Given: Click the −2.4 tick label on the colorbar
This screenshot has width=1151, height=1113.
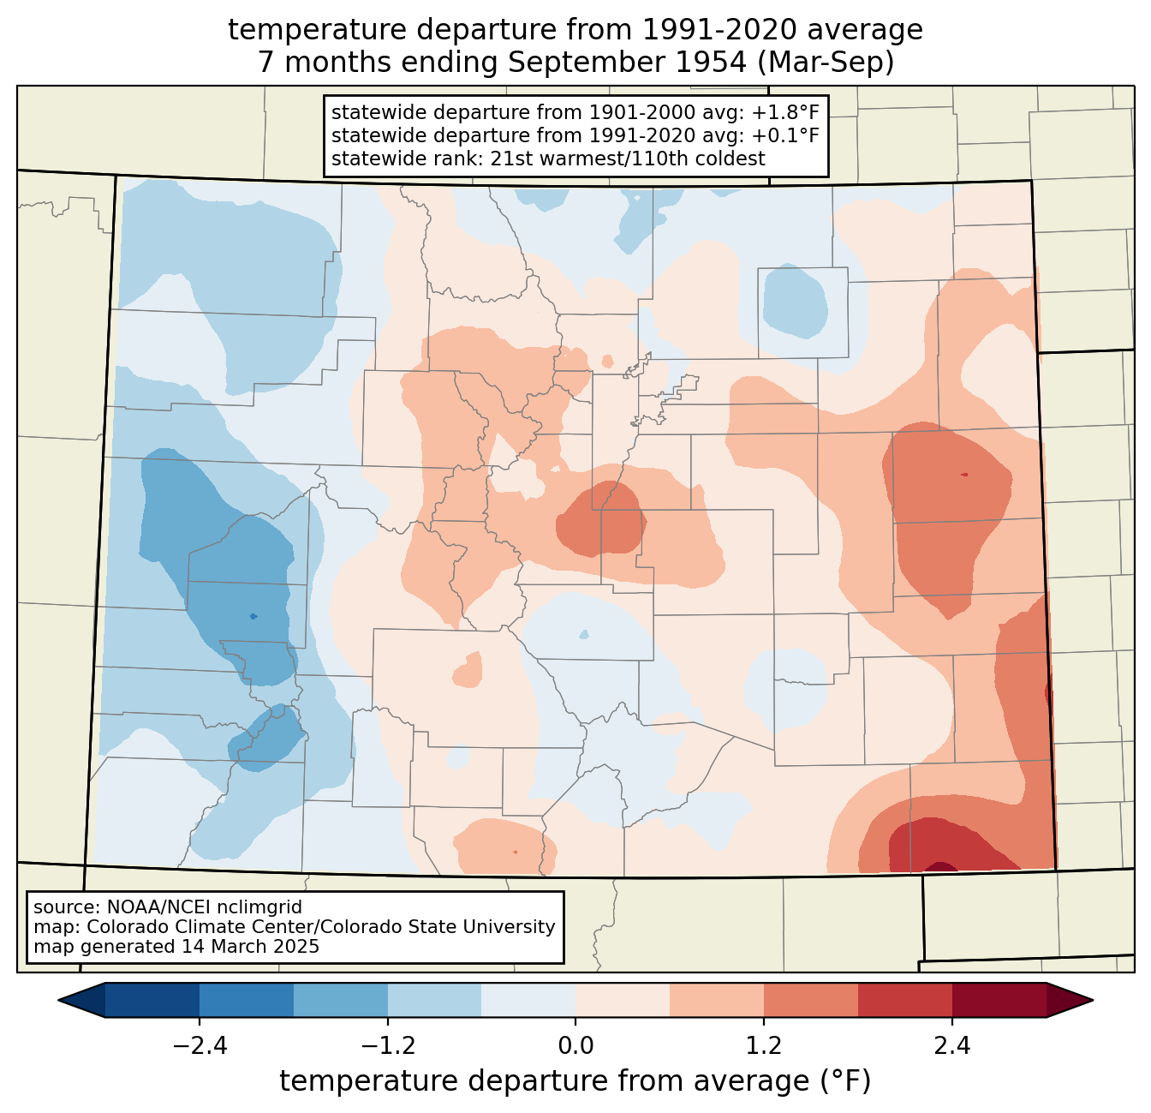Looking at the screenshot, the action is click(x=200, y=1045).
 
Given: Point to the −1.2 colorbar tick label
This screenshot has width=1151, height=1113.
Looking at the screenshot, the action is click(x=388, y=1045).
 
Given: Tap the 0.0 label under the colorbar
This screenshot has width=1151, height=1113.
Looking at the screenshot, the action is click(x=575, y=1045).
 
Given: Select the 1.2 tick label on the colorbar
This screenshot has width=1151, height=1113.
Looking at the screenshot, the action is click(x=764, y=1045).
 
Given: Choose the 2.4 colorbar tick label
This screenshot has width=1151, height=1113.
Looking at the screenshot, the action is click(x=952, y=1045).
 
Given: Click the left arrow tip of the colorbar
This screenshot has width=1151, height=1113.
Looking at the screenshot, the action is click(x=58, y=1001).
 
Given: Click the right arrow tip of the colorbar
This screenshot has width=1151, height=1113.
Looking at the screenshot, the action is click(x=1093, y=1001).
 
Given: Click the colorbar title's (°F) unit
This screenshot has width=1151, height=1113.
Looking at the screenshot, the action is click(x=846, y=1081).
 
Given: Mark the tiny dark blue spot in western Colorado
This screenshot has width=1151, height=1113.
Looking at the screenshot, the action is click(x=253, y=617).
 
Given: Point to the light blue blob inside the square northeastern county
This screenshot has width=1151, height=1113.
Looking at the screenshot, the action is click(x=795, y=302).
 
